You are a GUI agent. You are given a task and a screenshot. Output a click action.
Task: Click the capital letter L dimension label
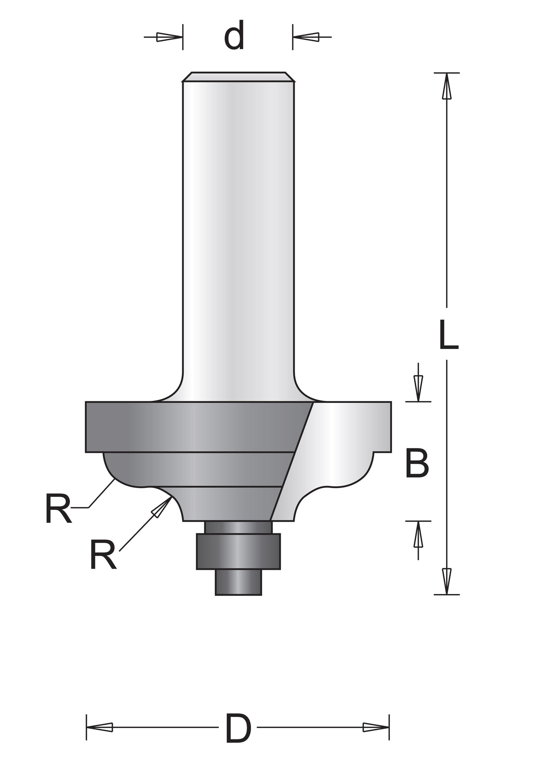point(448,335)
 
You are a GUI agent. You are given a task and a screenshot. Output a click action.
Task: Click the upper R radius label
point(58,509)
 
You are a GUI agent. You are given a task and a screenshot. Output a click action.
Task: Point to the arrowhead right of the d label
point(306,37)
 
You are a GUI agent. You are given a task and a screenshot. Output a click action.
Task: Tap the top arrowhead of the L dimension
point(447,86)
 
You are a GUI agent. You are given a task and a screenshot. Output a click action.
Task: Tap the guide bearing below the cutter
point(238,551)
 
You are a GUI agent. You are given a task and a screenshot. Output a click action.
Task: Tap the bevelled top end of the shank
point(238,77)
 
